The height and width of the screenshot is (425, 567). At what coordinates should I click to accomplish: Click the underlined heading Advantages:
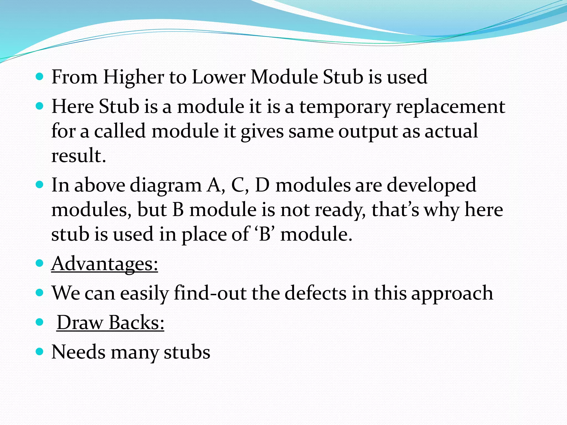coord(105,264)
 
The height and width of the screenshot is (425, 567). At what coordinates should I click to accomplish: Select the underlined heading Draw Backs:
coord(110,323)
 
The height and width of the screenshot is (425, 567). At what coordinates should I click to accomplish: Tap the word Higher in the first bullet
coord(133,77)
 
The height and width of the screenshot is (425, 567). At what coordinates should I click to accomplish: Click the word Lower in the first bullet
coord(218,77)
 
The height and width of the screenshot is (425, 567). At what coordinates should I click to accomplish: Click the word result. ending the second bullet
coord(79,156)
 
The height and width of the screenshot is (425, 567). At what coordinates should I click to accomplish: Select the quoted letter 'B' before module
coord(264,234)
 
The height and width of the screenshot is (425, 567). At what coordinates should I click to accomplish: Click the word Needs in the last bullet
coord(78,352)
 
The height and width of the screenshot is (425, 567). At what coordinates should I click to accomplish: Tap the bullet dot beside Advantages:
coord(40,263)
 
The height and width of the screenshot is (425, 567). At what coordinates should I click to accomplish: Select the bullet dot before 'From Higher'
coord(40,76)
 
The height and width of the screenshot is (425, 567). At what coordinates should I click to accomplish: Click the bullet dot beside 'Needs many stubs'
coord(40,352)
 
